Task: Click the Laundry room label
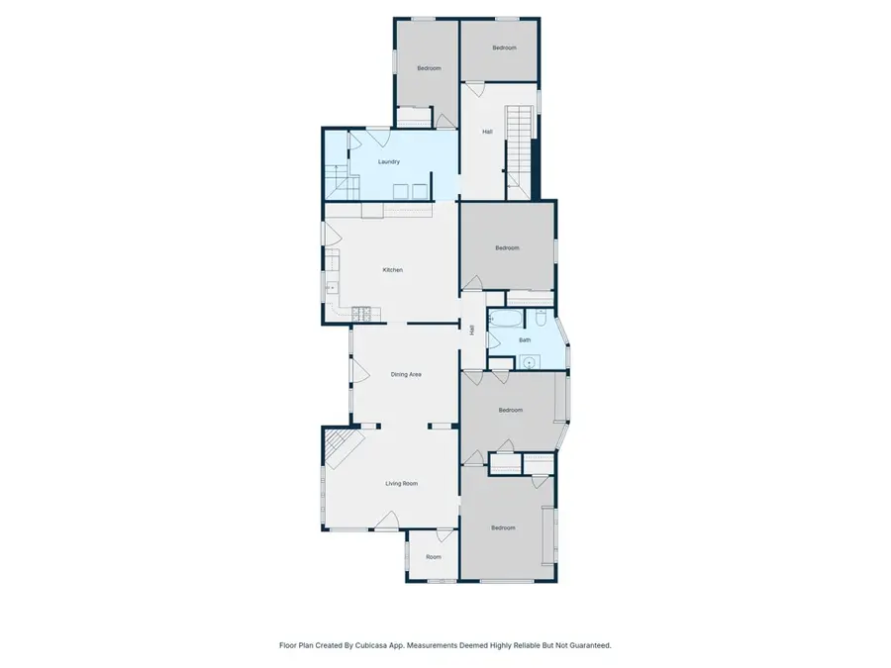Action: click(x=388, y=161)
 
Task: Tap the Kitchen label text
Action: click(x=392, y=270)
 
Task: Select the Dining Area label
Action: click(x=406, y=374)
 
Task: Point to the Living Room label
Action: click(x=401, y=483)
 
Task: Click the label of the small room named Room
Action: click(x=434, y=557)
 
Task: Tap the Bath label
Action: click(x=525, y=340)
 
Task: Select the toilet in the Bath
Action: click(x=541, y=318)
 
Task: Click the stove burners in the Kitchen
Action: click(x=364, y=315)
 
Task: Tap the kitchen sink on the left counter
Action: click(x=331, y=286)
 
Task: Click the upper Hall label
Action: click(x=487, y=132)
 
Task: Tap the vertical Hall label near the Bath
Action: click(x=472, y=332)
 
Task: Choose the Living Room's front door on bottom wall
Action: click(x=387, y=521)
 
